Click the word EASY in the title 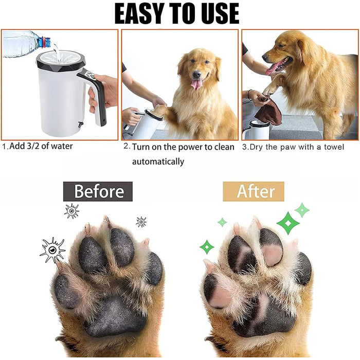(139, 13)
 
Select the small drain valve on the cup (80, 124)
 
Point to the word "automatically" (158, 161)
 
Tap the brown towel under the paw (269, 111)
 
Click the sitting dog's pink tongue (196, 84)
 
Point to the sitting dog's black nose (197, 74)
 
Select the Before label (98, 191)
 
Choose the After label (254, 191)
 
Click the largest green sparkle (288, 223)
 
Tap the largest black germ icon (52, 250)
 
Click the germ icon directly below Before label (72, 210)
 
